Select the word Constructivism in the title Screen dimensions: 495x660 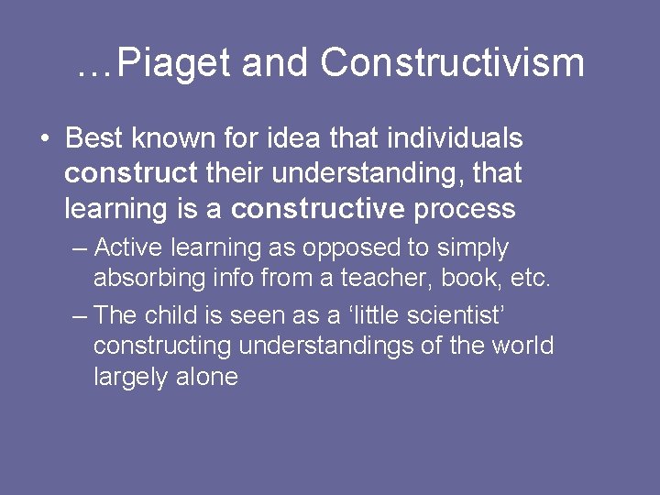point(453,62)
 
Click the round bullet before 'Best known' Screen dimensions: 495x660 point(45,139)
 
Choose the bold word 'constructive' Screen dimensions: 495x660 point(317,208)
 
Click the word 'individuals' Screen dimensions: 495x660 point(455,138)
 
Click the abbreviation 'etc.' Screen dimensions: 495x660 point(529,278)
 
